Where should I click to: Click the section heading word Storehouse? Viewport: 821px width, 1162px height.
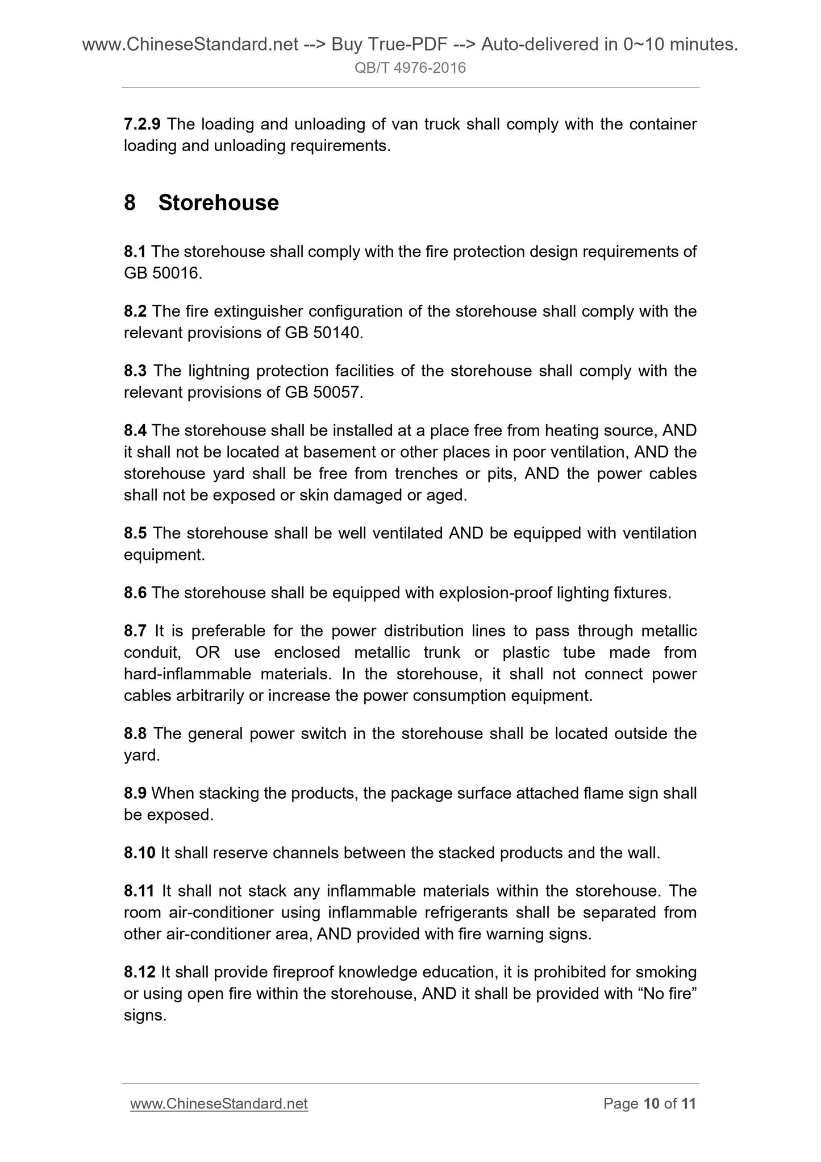pyautogui.click(x=218, y=203)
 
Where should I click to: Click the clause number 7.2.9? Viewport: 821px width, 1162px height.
pyautogui.click(x=142, y=124)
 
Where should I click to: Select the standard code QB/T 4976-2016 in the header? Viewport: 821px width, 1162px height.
pyautogui.click(x=410, y=68)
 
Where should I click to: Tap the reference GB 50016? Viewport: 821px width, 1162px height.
pyautogui.click(x=161, y=273)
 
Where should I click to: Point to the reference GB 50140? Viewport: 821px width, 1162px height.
pyautogui.click(x=322, y=333)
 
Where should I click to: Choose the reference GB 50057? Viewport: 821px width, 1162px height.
pyautogui.click(x=322, y=392)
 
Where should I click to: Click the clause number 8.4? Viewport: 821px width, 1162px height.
pyautogui.click(x=135, y=430)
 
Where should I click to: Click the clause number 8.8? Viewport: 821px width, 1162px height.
pyautogui.click(x=135, y=733)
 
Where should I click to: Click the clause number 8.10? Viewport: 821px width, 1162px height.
pyautogui.click(x=139, y=853)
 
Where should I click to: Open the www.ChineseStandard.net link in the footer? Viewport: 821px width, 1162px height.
pyautogui.click(x=219, y=1103)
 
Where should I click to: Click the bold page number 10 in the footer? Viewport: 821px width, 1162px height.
pyautogui.click(x=651, y=1103)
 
